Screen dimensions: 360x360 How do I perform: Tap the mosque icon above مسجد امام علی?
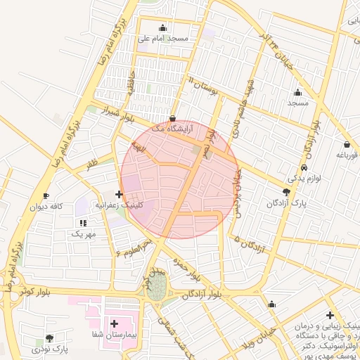pos(164,28)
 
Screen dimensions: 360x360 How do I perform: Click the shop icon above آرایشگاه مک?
pos(173,118)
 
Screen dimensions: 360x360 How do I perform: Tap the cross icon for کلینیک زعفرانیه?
pos(119,194)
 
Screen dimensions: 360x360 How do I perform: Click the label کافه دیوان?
pos(46,207)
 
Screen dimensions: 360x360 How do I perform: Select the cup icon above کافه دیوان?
pos(46,195)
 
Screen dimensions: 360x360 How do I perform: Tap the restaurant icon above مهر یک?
pos(83,222)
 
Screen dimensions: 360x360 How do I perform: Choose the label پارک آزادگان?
pos(287,203)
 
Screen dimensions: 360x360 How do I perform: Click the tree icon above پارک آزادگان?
pos(286,192)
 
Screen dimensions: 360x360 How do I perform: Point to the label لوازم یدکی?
pos(304,179)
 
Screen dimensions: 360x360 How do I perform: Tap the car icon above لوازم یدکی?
pos(303,168)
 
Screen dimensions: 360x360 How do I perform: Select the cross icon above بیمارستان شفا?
pos(115,323)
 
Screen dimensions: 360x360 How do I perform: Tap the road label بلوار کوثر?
pos(35,290)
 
